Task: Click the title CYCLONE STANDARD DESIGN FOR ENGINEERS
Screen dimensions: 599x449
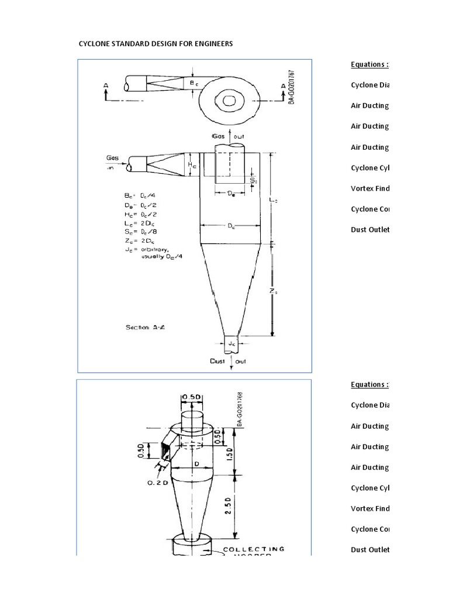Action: [x=156, y=44]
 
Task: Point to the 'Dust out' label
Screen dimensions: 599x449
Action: [x=229, y=362]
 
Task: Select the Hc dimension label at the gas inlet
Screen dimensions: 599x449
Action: [x=192, y=166]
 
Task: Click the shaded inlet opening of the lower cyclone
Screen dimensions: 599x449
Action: [x=166, y=452]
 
